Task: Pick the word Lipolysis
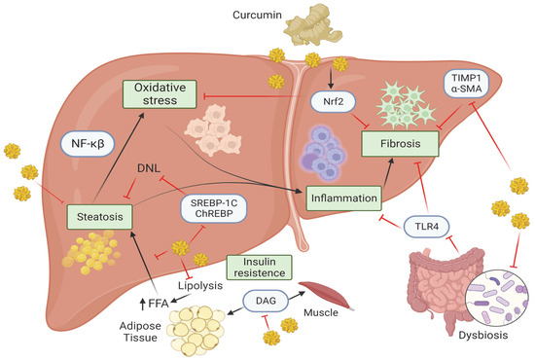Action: pyautogui.click(x=167, y=289)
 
